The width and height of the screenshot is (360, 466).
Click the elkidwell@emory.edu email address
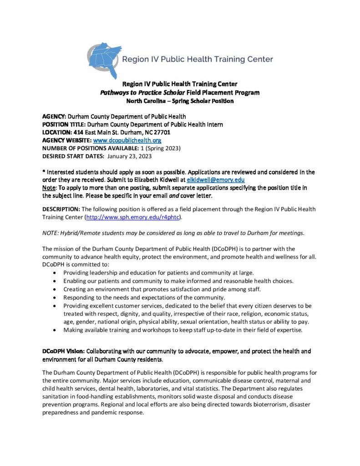[x=216, y=180]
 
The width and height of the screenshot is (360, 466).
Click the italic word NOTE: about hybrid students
[x=50, y=233]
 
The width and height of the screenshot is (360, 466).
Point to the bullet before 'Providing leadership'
[x=55, y=273]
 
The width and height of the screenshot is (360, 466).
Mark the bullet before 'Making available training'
[x=55, y=329]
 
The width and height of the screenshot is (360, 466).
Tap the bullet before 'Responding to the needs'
[x=55, y=297]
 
